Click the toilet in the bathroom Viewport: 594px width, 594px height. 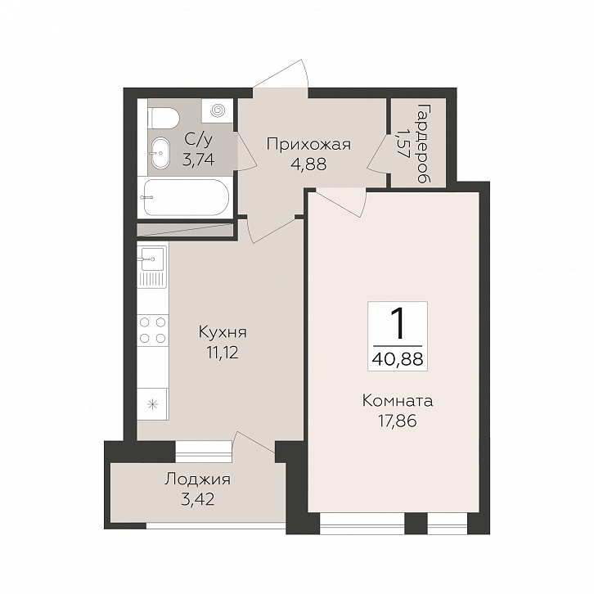point(164,118)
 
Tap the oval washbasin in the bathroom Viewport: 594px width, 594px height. point(161,153)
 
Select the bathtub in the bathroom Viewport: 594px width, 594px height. point(187,197)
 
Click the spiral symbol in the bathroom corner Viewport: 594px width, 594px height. point(218,110)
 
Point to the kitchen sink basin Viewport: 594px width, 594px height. point(152,259)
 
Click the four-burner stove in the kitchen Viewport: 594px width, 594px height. point(152,330)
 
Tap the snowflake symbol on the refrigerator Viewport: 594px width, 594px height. point(152,404)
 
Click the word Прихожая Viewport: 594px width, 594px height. point(308,144)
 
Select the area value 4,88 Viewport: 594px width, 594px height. point(308,164)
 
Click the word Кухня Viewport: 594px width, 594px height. point(223,333)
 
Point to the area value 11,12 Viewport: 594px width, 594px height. point(223,353)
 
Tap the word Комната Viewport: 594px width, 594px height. point(398,401)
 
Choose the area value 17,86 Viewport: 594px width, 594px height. point(398,421)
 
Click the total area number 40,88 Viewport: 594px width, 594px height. point(398,358)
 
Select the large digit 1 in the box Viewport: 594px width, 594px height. point(398,323)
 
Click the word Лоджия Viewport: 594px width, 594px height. point(197,480)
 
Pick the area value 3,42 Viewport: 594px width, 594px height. point(198,500)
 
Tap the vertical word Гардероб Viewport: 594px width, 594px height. point(423,143)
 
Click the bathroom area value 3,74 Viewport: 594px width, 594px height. point(199,160)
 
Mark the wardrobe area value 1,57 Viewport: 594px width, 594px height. point(402,143)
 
